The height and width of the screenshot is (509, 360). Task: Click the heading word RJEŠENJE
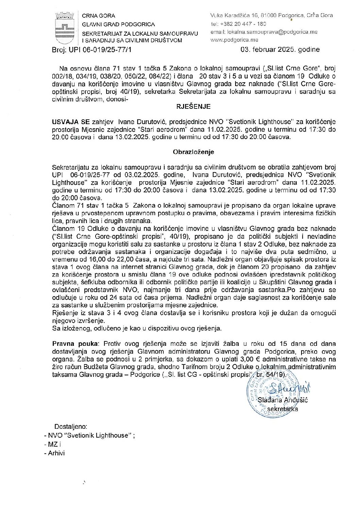[193, 106]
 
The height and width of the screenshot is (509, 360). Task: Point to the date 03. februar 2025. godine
[280, 50]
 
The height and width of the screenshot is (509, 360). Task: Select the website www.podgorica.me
[234, 40]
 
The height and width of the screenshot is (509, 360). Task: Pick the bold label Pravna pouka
[71, 343]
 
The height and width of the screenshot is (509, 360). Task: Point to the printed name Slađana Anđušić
[283, 400]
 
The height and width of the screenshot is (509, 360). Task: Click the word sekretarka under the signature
[282, 409]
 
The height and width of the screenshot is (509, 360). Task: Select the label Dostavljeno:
[71, 426]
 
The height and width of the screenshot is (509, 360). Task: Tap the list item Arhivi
[56, 453]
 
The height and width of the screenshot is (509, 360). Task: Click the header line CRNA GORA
[99, 16]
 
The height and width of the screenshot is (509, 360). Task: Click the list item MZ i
[54, 444]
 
